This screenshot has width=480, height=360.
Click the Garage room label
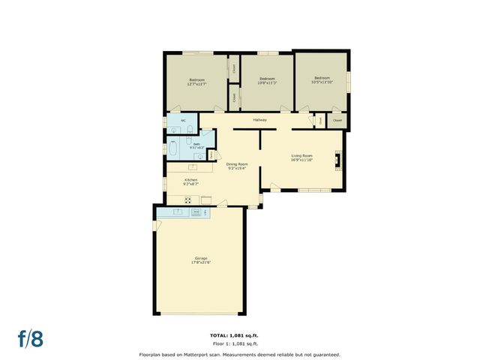coord(199,258)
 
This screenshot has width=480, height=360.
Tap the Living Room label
coord(302,155)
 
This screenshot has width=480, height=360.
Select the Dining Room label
coord(238,163)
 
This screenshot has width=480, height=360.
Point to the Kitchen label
coord(192,180)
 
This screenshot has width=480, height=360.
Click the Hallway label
coord(259,120)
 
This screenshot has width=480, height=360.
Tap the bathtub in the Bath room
coord(173,147)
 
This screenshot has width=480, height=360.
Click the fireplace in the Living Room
coord(338,158)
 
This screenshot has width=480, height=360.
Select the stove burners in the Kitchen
coord(187,199)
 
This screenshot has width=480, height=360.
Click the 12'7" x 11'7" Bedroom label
coord(197,79)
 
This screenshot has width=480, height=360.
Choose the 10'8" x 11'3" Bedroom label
coord(267,79)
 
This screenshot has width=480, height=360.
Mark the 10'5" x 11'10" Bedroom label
coord(322,78)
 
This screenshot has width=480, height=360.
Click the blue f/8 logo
coord(31,338)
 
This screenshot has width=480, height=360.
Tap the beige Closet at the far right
coord(337,120)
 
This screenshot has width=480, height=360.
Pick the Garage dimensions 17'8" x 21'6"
coord(199,262)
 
